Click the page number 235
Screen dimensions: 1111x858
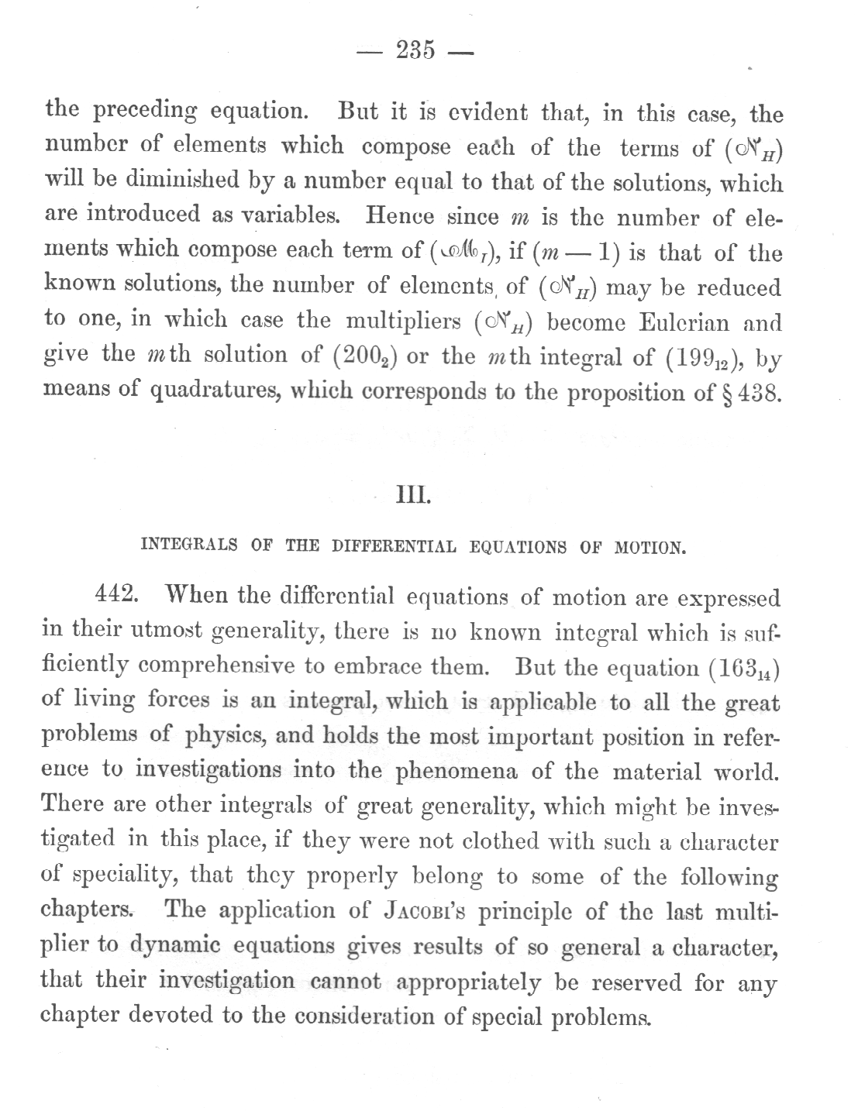(x=415, y=52)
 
